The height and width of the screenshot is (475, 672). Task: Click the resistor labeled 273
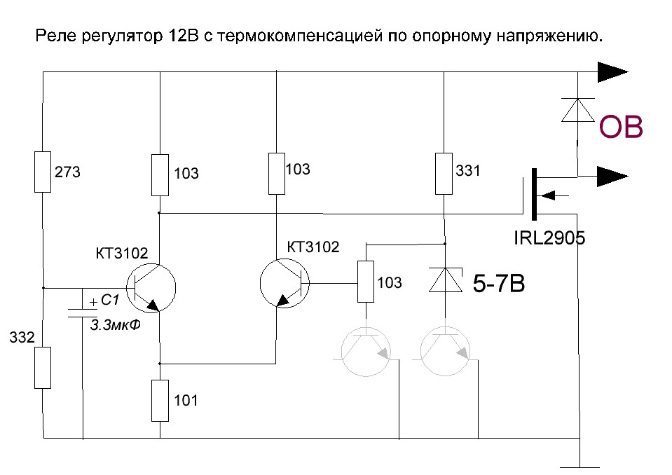(43, 172)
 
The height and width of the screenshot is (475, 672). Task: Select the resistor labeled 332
(43, 368)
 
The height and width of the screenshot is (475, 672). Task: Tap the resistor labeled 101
(160, 400)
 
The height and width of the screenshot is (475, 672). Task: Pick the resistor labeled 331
(444, 173)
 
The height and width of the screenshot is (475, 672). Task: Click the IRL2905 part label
(549, 238)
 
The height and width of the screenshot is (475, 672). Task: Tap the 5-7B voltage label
(499, 285)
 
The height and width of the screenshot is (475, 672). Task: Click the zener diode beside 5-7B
(444, 280)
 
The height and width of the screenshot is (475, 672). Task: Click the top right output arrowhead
(612, 71)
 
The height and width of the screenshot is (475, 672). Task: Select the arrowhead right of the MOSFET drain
(612, 176)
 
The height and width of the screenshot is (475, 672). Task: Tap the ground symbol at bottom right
(580, 464)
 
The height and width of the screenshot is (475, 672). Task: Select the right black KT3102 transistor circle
(284, 283)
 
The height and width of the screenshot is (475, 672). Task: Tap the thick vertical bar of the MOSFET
(534, 193)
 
